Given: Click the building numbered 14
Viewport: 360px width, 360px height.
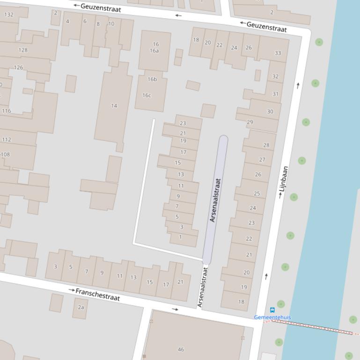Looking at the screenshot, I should [114, 106].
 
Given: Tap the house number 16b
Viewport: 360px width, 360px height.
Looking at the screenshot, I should [152, 79].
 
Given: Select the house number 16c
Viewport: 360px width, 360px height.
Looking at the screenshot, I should [147, 95].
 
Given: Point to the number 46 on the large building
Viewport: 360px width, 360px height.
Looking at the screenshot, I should [181, 349].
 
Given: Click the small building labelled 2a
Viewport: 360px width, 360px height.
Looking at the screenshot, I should [81, 307].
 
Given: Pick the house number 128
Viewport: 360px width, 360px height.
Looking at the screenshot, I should [23, 50].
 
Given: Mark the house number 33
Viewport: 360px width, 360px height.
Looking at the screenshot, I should [278, 53].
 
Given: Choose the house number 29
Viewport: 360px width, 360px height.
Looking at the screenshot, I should [250, 122].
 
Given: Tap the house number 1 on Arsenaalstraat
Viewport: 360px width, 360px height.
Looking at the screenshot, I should [181, 237].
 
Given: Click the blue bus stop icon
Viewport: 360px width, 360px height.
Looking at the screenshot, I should [272, 310].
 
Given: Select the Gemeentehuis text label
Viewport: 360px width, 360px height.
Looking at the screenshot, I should [272, 317].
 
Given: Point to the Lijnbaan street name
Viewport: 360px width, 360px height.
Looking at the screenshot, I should [284, 181].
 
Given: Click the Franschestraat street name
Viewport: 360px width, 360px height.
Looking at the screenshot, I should [97, 295].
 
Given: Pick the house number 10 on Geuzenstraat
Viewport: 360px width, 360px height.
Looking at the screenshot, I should [111, 24].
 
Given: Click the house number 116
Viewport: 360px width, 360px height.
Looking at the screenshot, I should [7, 111].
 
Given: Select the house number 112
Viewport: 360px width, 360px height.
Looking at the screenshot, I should [7, 139].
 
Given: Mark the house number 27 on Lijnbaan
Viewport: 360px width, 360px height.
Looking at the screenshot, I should [262, 159].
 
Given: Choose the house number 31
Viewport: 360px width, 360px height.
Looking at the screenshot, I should [275, 94].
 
